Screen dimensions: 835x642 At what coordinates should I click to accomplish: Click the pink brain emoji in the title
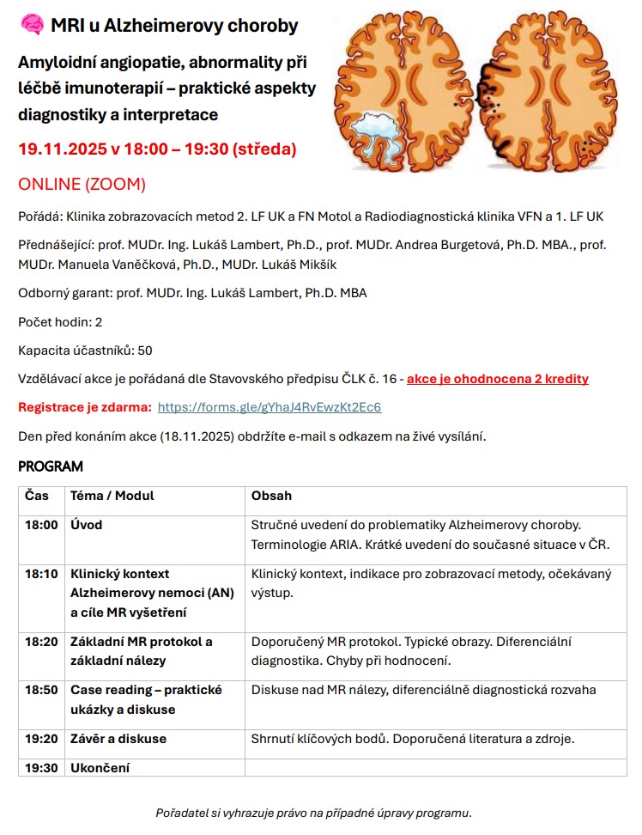tap(31, 26)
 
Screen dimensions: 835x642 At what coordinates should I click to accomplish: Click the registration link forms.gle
tap(270, 407)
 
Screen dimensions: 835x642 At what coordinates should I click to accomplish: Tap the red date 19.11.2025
tap(62, 149)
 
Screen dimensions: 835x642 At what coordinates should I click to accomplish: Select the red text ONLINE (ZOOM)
tap(82, 185)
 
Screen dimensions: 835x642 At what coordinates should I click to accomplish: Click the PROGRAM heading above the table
tap(51, 466)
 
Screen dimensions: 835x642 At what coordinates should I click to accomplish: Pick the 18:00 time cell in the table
tap(41, 525)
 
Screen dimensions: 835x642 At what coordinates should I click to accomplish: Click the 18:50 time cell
tap(41, 690)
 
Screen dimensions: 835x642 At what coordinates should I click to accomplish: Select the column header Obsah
tap(271, 496)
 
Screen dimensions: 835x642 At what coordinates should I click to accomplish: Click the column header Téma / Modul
tap(112, 496)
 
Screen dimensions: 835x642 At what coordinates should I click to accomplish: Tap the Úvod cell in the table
tap(87, 525)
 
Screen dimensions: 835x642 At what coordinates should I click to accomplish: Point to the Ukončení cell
tap(100, 767)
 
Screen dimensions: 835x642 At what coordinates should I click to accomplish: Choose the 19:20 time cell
tap(41, 739)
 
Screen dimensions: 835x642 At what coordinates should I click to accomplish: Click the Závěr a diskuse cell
tap(118, 739)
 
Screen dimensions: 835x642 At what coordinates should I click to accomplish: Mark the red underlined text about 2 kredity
tap(497, 379)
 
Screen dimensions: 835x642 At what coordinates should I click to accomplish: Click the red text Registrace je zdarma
tap(85, 407)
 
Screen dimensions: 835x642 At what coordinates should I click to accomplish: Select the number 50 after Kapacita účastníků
tap(145, 350)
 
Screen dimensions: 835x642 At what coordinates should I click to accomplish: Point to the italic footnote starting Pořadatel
tap(313, 812)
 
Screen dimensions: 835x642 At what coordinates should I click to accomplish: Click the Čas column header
tap(37, 496)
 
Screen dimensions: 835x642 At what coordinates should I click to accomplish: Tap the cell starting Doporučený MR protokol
tap(411, 650)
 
